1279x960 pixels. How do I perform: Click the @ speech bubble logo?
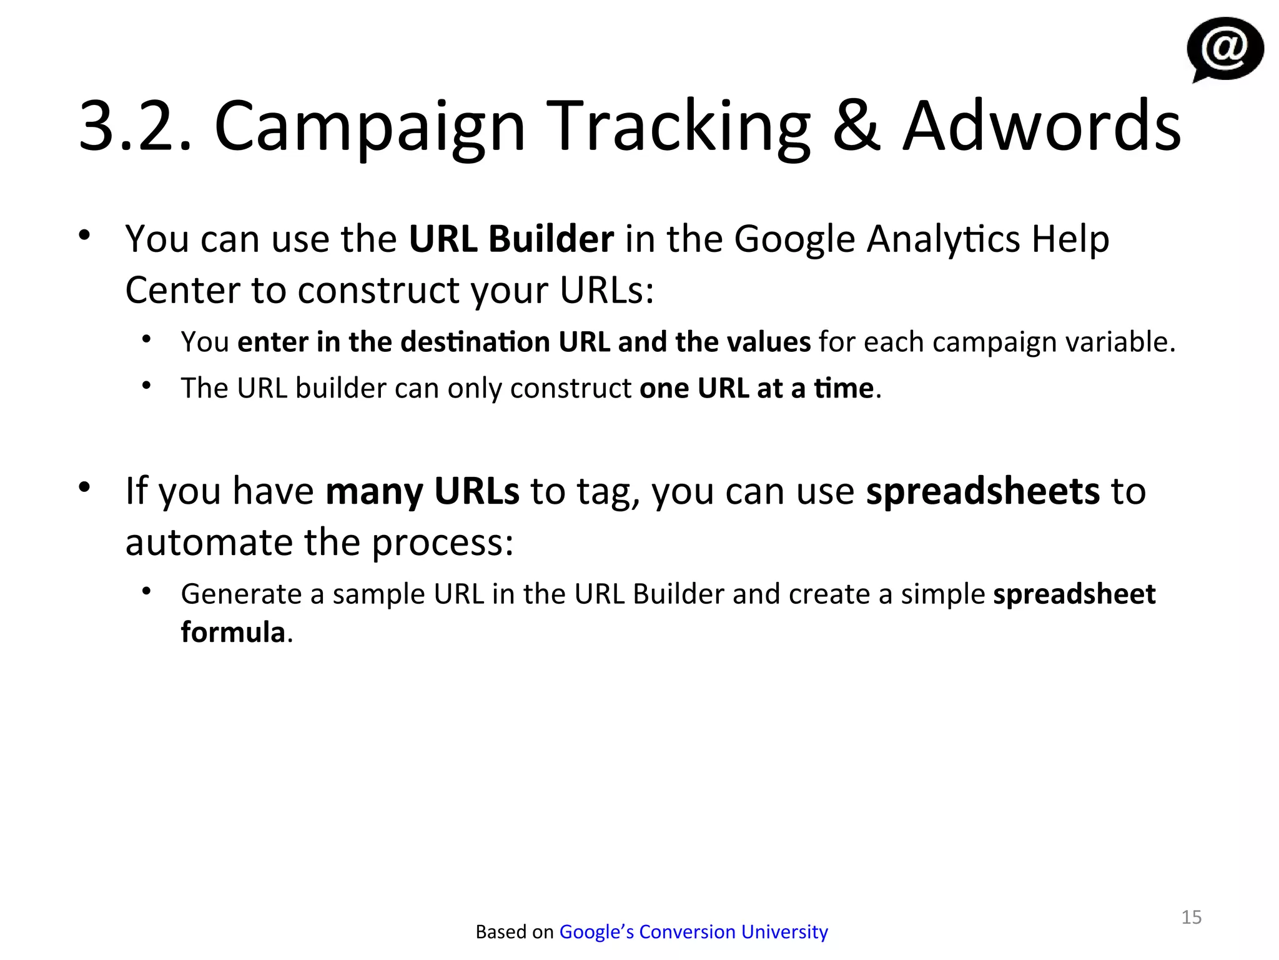coord(1225,49)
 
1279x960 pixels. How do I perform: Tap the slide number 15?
coord(1191,917)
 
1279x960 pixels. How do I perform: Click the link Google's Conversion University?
coord(693,931)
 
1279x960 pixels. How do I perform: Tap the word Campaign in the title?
coord(370,128)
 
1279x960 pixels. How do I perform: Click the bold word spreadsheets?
coord(982,491)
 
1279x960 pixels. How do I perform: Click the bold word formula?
coord(233,632)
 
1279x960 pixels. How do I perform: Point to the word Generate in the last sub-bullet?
coord(242,594)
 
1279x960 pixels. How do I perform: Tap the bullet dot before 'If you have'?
coord(85,486)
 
